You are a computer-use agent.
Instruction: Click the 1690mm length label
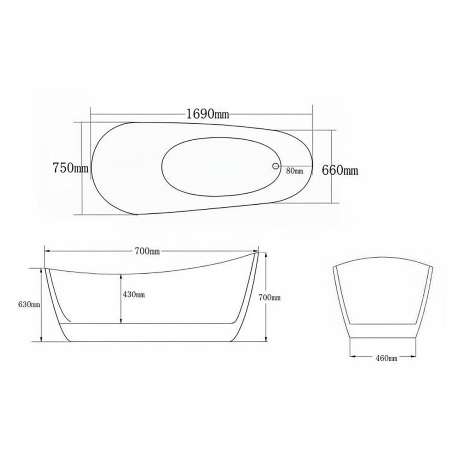[208, 114]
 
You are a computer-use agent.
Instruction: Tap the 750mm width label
[70, 168]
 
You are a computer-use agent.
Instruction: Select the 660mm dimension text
[340, 170]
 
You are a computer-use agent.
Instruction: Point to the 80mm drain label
[295, 171]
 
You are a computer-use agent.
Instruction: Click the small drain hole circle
[276, 166]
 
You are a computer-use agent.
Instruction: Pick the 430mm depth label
[134, 294]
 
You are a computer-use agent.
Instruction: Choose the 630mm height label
[29, 305]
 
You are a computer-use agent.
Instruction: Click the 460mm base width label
[386, 358]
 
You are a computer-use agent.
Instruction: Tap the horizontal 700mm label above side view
[147, 252]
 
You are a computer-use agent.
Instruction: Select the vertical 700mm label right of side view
[269, 298]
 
